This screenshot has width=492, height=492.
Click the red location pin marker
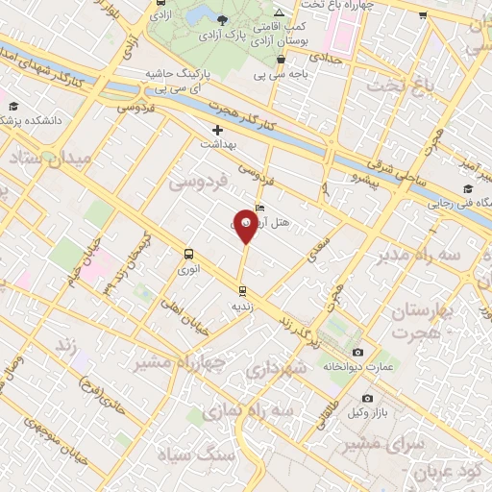click(x=247, y=227)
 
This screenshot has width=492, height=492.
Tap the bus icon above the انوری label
click(x=188, y=255)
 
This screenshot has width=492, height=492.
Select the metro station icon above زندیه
click(x=242, y=289)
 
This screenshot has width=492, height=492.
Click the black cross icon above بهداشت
click(x=217, y=129)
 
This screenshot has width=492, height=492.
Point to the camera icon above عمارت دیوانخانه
click(x=358, y=352)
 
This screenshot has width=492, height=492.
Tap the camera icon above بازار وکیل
click(x=367, y=398)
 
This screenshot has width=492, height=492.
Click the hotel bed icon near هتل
click(x=260, y=207)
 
